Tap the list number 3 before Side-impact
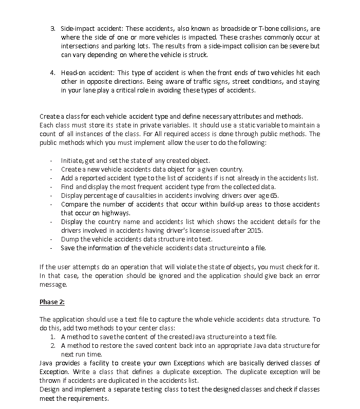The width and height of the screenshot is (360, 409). click(x=52, y=27)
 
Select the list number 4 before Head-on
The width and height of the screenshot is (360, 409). click(x=52, y=72)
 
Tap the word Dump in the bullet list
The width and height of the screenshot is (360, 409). click(x=70, y=239)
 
